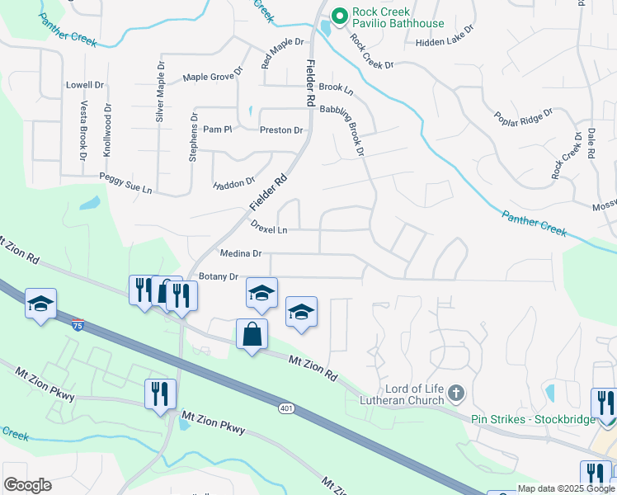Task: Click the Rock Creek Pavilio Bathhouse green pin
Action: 338,16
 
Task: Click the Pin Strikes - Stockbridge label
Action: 533,419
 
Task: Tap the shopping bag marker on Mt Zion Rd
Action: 252,335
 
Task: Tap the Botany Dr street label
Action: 218,277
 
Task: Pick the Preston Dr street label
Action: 281,130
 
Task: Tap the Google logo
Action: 27,484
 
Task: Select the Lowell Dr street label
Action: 84,85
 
